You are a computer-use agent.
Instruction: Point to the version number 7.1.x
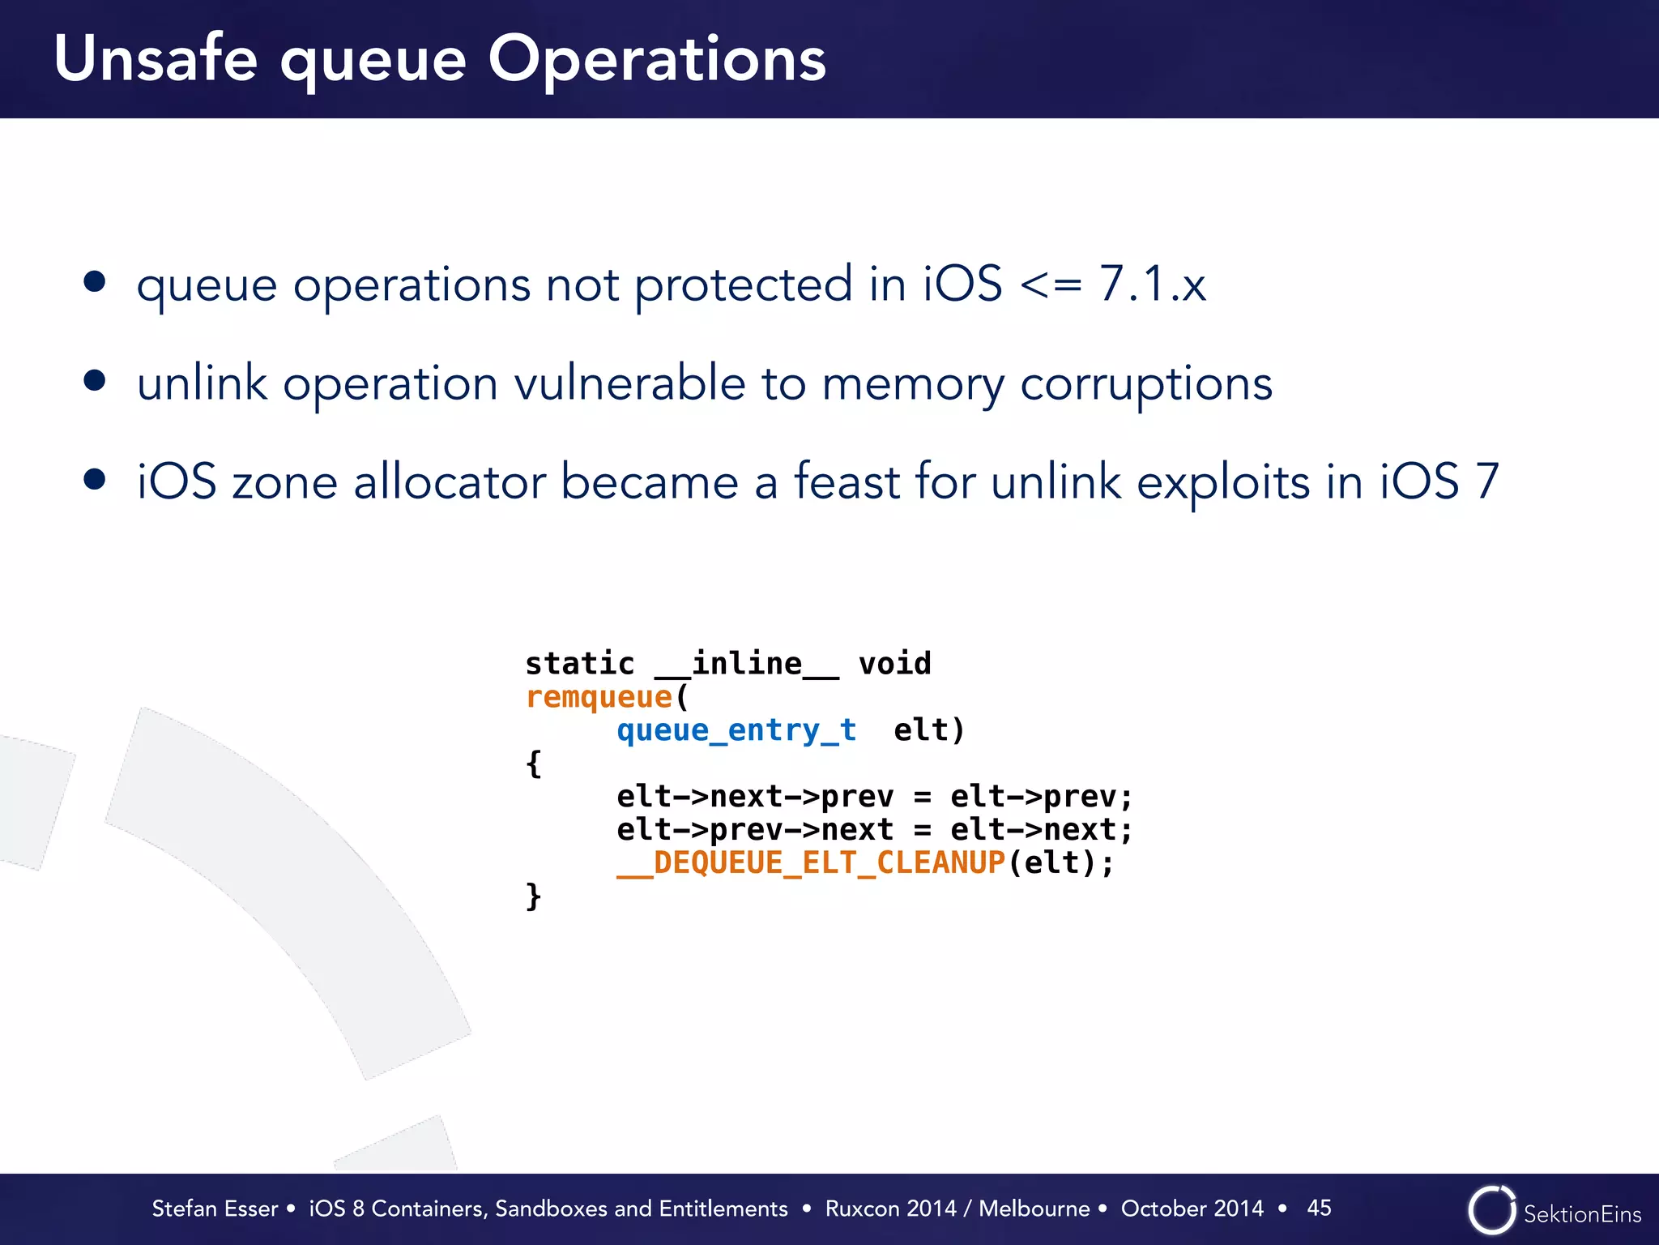point(1152,284)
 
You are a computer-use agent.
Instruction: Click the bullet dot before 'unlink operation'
point(95,380)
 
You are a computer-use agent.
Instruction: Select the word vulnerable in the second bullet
point(629,383)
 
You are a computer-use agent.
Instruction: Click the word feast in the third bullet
point(847,481)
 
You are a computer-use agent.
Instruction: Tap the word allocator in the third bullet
point(450,481)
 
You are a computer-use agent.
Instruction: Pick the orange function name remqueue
point(599,697)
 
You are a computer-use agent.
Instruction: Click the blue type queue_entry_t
point(736,730)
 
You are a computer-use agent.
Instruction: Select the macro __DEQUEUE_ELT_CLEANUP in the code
point(811,862)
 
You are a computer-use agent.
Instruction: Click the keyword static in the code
point(579,664)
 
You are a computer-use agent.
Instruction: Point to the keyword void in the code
point(894,664)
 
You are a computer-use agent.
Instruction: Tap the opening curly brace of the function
point(533,764)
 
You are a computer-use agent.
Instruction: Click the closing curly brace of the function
point(533,896)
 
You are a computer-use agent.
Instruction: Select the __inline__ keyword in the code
point(746,664)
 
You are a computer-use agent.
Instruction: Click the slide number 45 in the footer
point(1319,1208)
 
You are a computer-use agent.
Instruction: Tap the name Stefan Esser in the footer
point(215,1209)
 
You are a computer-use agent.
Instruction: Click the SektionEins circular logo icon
point(1491,1210)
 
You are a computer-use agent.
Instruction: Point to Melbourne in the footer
point(1034,1209)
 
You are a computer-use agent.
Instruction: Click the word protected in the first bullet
point(743,285)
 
